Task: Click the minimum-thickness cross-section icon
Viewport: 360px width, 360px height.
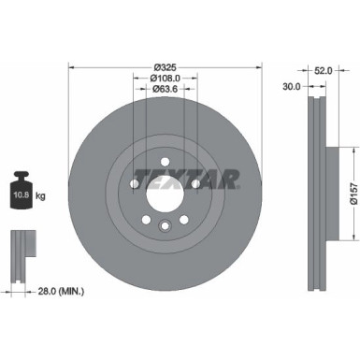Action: point(20,245)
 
